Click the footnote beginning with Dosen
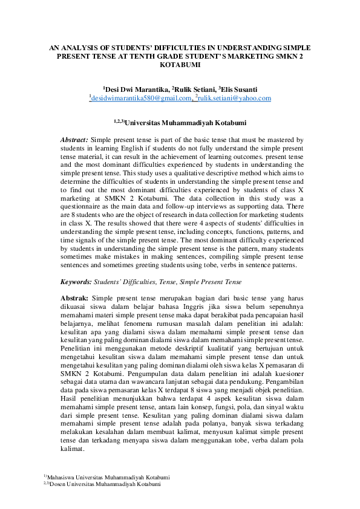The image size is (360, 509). tap(103, 484)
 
